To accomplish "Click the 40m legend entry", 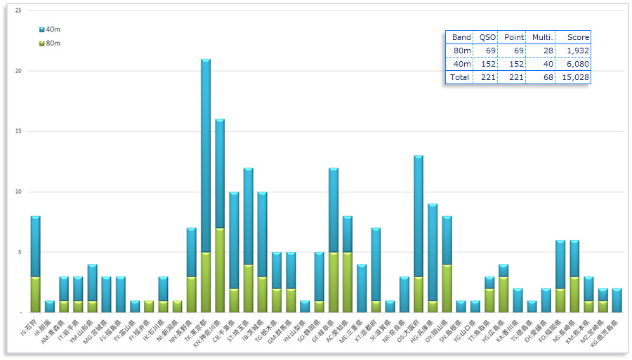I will pyautogui.click(x=50, y=29).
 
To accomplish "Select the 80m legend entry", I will pyautogui.click(x=50, y=44).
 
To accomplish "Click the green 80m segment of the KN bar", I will pyautogui.click(x=220, y=270).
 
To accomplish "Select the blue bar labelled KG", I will pyautogui.click(x=617, y=300).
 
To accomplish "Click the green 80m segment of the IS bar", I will pyautogui.click(x=36, y=294).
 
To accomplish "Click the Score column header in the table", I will pyautogui.click(x=578, y=37).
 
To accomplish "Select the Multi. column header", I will pyautogui.click(x=541, y=37).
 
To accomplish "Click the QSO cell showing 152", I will pyautogui.click(x=487, y=64).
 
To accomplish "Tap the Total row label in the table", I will pyautogui.click(x=459, y=77).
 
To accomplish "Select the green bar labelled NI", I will pyautogui.click(x=177, y=306).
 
